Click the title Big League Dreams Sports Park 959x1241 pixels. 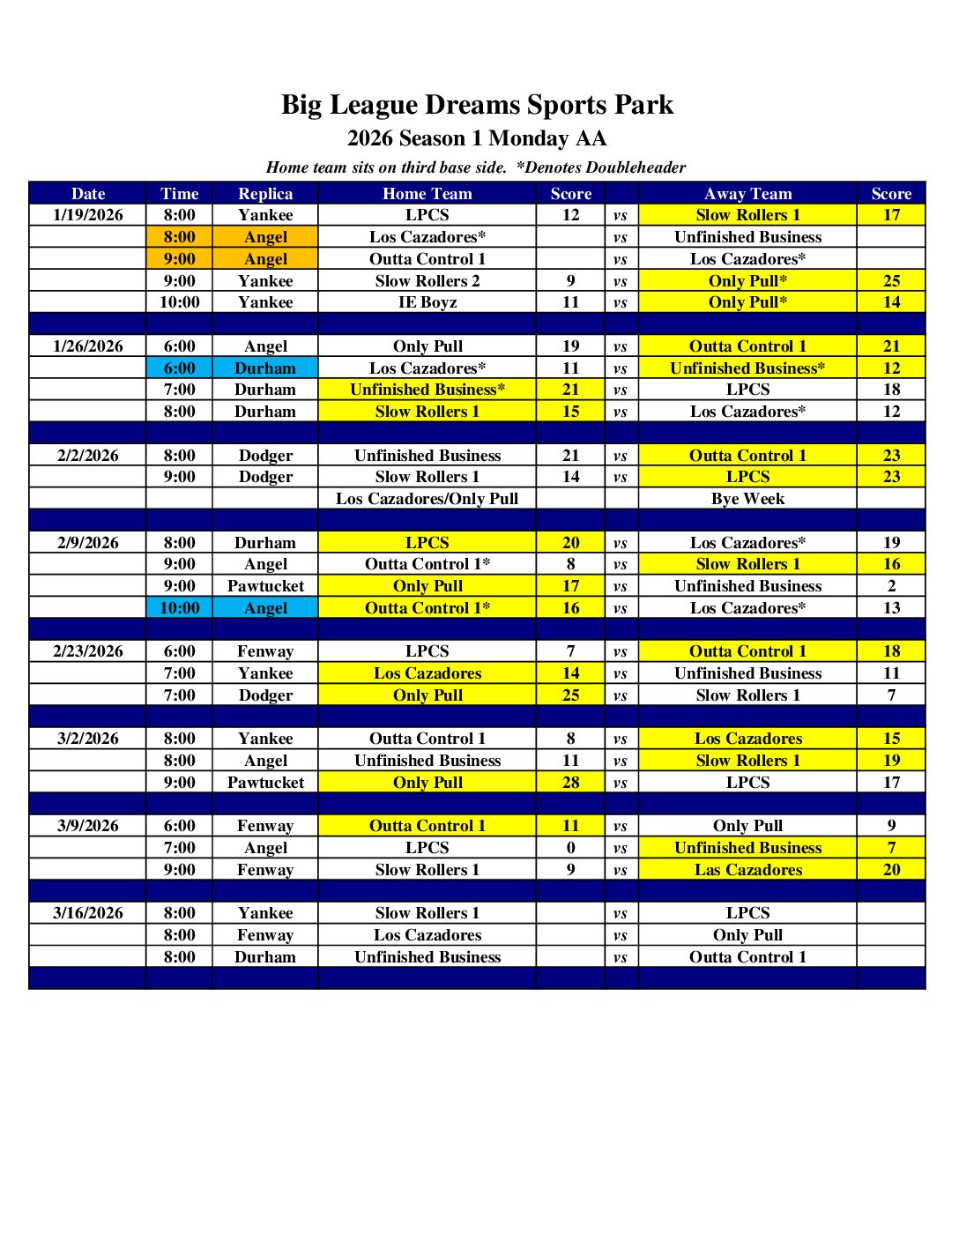(x=477, y=105)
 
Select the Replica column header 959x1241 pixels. (x=265, y=194)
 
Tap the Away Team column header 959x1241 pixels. (x=747, y=194)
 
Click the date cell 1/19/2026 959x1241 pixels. (x=88, y=215)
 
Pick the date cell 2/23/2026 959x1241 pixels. (x=88, y=651)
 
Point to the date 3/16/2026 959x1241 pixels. (x=88, y=913)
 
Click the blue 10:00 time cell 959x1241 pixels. (x=180, y=608)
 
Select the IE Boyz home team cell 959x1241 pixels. (x=427, y=302)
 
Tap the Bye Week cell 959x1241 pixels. (x=747, y=499)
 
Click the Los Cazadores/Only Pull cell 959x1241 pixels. (x=427, y=499)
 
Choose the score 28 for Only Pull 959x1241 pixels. (x=571, y=783)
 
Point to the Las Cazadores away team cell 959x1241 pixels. (x=747, y=870)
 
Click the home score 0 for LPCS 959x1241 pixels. (x=571, y=848)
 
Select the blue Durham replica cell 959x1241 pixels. (x=265, y=368)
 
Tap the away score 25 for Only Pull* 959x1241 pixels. (x=891, y=281)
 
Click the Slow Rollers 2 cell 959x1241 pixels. (x=427, y=281)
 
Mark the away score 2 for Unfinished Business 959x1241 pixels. (x=891, y=586)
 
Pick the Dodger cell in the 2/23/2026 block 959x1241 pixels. (x=265, y=695)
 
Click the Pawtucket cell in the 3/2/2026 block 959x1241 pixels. (x=265, y=783)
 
